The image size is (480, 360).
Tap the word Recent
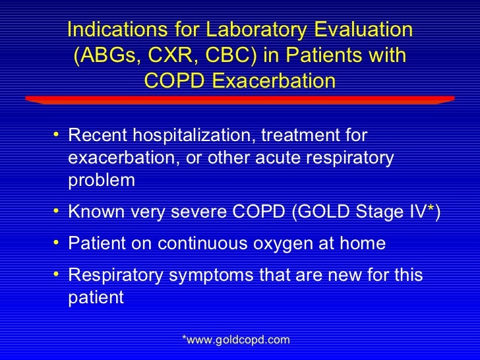(99, 136)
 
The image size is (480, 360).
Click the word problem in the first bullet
(101, 181)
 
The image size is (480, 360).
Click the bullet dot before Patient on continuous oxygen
(58, 243)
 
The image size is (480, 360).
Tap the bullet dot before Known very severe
(58, 212)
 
